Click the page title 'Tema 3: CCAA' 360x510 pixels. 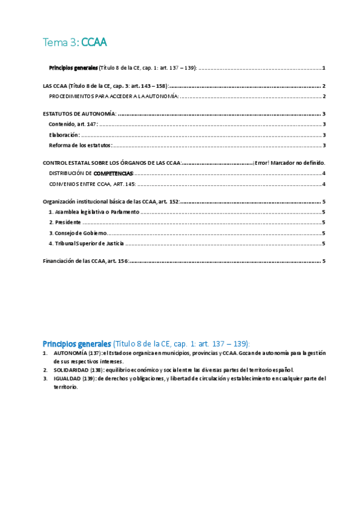point(75,42)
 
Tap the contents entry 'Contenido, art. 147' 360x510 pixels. point(72,124)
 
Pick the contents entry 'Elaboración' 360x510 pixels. point(64,135)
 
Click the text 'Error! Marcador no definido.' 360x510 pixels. point(289,163)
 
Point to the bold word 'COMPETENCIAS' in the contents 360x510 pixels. point(113,173)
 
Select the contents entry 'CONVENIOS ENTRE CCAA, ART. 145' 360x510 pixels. point(92,184)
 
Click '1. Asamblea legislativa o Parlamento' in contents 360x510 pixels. point(94,212)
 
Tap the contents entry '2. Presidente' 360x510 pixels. point(65,223)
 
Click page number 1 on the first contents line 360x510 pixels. point(323,68)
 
